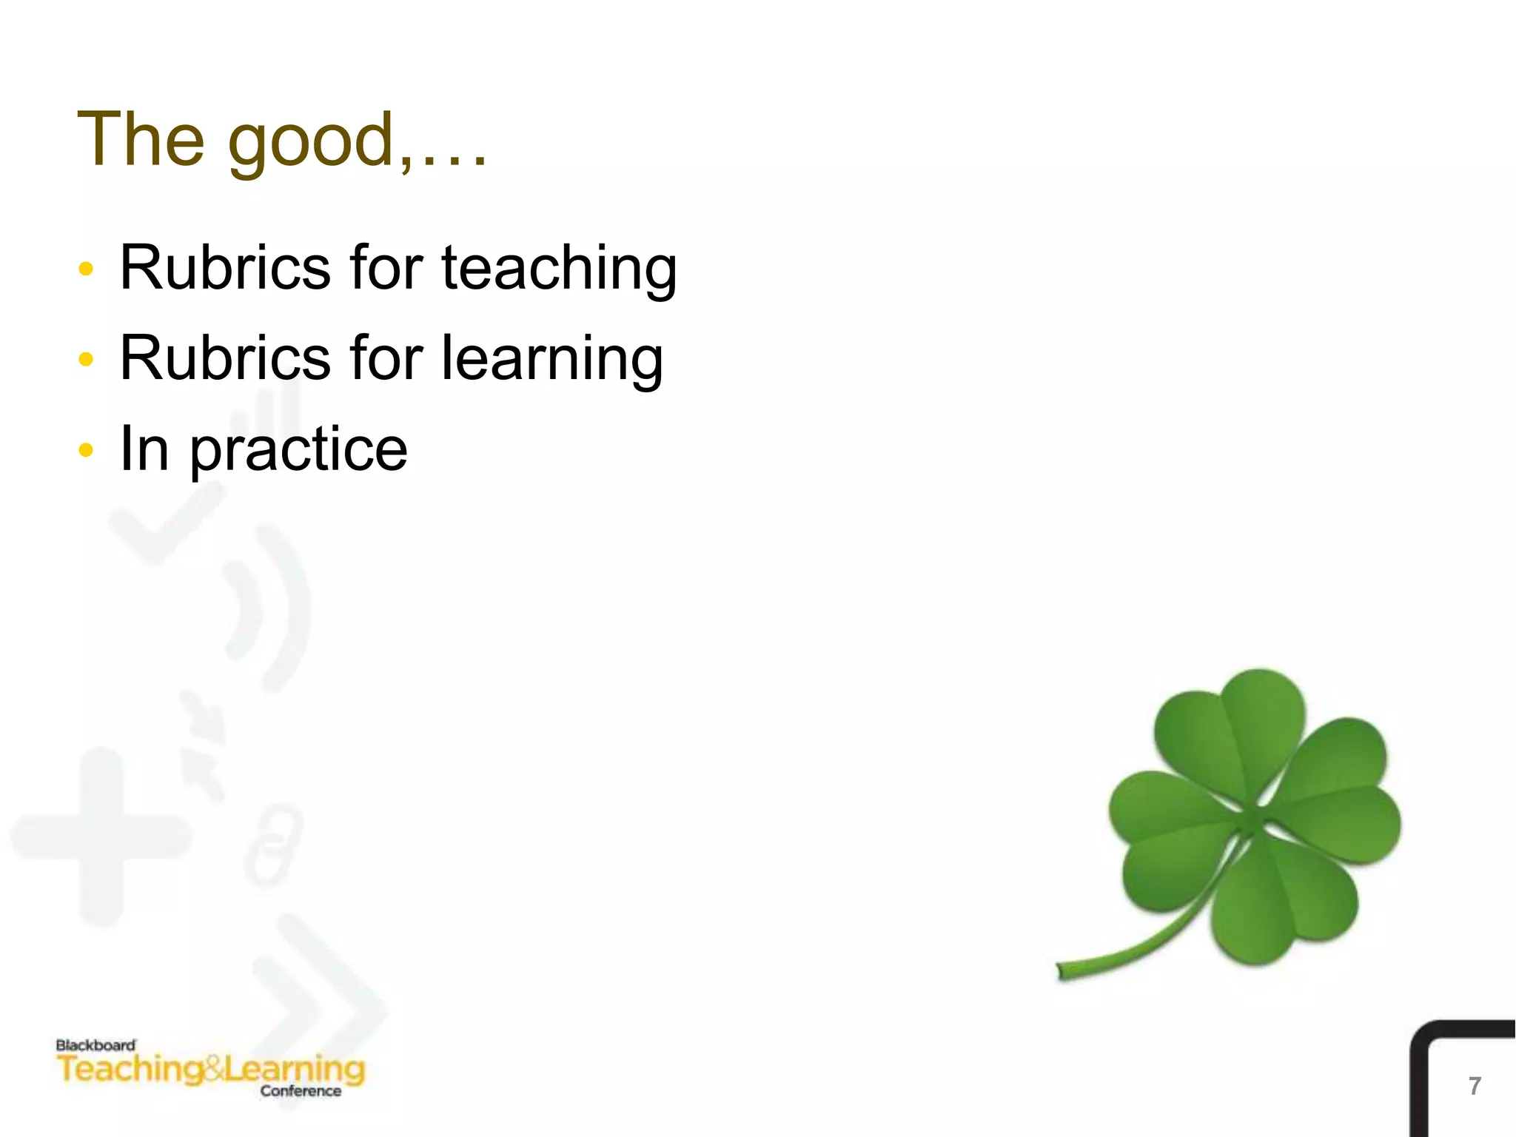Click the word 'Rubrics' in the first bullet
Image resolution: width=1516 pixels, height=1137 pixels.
click(225, 268)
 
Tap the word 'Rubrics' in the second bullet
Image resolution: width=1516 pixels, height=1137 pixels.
click(225, 358)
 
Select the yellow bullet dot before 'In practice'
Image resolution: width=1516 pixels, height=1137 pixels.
click(86, 449)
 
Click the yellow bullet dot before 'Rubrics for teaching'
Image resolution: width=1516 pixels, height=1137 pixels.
click(86, 268)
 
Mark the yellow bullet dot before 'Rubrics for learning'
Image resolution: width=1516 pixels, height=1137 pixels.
click(86, 359)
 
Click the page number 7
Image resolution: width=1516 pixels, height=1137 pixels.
click(1475, 1086)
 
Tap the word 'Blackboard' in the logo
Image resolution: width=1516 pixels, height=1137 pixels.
click(95, 1045)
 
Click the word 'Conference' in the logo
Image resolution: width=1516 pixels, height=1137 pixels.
click(301, 1091)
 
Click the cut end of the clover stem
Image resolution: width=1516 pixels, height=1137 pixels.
click(1061, 970)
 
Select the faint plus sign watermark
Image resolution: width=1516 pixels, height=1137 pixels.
click(101, 836)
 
